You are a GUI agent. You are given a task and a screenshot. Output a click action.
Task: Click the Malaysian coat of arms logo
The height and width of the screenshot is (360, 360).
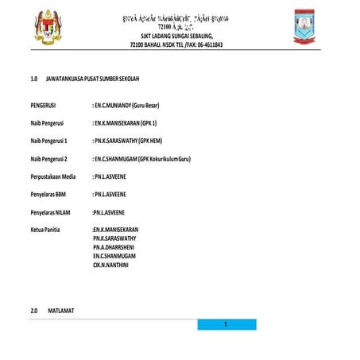pyautogui.click(x=51, y=28)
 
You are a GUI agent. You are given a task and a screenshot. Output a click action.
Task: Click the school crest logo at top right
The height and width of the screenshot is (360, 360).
pyautogui.click(x=305, y=27)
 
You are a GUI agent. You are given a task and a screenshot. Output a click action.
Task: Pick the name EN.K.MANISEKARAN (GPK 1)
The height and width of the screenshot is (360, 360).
pyautogui.click(x=126, y=123)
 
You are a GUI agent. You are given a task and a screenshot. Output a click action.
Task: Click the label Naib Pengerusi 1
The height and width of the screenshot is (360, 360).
pyautogui.click(x=48, y=141)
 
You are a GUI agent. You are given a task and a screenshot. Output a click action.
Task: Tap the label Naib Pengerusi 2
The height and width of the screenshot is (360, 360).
pyautogui.click(x=48, y=158)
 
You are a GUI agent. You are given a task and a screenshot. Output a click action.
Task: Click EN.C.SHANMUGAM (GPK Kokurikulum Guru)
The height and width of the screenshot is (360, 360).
pyautogui.click(x=143, y=158)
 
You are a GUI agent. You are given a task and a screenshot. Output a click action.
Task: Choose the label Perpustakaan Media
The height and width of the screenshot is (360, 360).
pyautogui.click(x=52, y=176)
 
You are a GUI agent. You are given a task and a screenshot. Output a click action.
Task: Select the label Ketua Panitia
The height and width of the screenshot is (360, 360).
pyautogui.click(x=45, y=230)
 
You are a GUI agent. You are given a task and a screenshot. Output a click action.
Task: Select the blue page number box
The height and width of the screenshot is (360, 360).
pyautogui.click(x=226, y=324)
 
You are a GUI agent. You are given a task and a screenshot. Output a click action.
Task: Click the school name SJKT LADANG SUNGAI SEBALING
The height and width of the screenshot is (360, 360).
pyautogui.click(x=177, y=37)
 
